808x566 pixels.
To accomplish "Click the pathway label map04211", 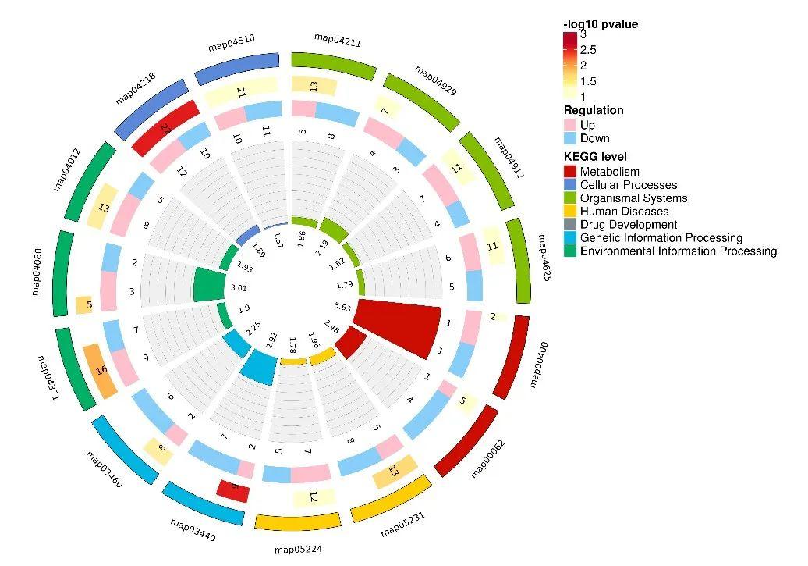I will click(337, 38).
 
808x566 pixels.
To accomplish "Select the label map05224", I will click(298, 550).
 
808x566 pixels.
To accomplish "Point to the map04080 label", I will click(36, 273).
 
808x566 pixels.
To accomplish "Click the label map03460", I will click(104, 468).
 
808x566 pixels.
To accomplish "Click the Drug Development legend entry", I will click(629, 225).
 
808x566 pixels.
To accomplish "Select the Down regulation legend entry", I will click(594, 138).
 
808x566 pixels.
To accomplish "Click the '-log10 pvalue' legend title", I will click(601, 24).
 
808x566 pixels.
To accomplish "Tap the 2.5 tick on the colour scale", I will click(588, 50).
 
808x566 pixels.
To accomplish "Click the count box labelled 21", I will click(240, 92).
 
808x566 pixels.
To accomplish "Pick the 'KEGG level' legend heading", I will click(595, 157).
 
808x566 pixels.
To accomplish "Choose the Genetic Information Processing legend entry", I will click(661, 238).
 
